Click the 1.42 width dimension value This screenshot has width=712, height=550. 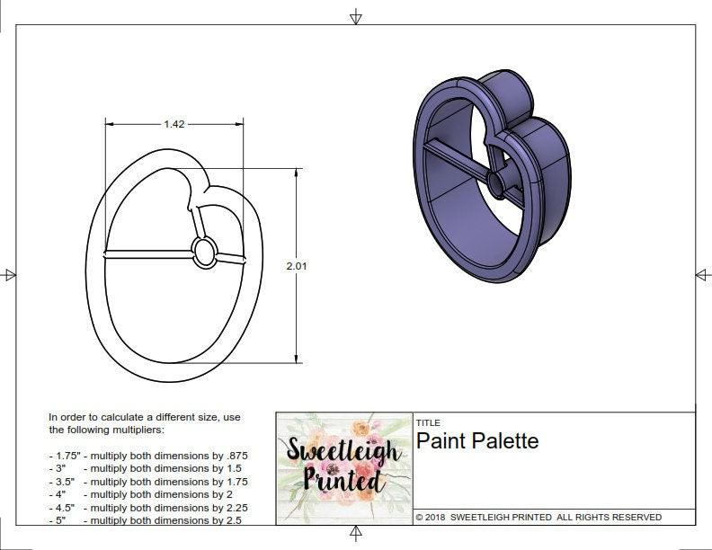coord(174,124)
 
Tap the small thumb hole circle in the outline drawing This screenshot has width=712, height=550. coord(205,252)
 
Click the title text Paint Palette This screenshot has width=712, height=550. coord(476,441)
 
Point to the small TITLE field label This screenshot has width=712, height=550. coord(427,422)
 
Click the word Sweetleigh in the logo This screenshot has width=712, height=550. coord(343,449)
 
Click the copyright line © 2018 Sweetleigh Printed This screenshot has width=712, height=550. coord(538,517)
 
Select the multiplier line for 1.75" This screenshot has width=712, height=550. coord(148,456)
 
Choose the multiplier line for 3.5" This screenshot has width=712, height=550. coord(148,482)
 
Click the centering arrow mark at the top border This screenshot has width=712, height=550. coord(356,16)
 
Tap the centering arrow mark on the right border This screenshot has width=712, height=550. coord(702,274)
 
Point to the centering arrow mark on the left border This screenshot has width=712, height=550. coord(9,274)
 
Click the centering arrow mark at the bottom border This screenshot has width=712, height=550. coord(356,535)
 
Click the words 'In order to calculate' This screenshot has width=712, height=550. coord(99,417)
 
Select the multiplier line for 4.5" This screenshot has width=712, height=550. coord(148,508)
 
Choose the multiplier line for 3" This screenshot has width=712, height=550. coord(148,468)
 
